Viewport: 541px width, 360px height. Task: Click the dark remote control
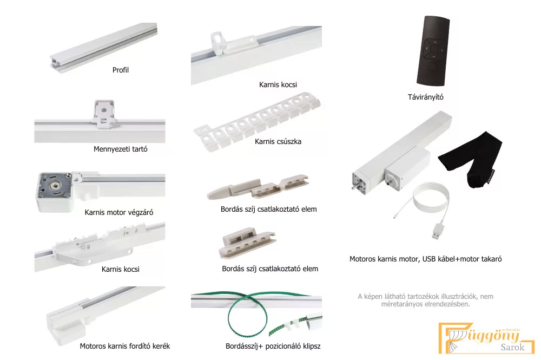[x=433, y=51]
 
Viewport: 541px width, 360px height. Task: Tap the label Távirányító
[x=425, y=97]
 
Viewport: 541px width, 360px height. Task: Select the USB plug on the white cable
[x=438, y=231]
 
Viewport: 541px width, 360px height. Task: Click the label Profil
[x=121, y=70]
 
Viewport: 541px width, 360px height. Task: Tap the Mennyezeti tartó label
[x=121, y=149]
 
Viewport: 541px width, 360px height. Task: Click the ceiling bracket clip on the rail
[x=104, y=114]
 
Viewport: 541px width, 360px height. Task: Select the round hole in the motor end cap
[x=55, y=186]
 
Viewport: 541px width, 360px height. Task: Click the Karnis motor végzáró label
[x=119, y=212]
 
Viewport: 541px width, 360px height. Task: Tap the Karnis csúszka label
[x=278, y=141]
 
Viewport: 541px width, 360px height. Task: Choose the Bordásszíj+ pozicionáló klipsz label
[x=273, y=346]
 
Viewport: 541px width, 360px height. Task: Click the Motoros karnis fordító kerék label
[x=125, y=346]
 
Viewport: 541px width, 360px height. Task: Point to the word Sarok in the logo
[x=512, y=347]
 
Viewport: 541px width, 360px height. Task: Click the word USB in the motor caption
[x=428, y=259]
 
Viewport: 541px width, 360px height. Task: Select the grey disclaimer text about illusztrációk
[x=425, y=300]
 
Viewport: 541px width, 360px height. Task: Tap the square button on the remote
[x=433, y=66]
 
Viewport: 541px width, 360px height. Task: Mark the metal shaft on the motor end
[x=354, y=187]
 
